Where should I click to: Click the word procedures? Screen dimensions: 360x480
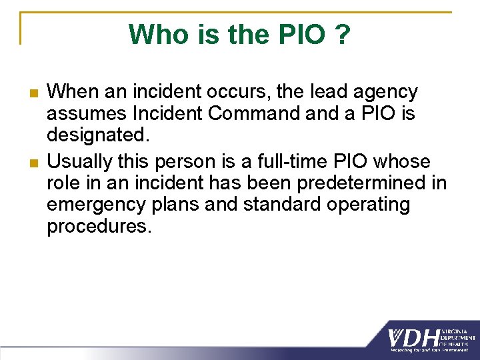99,226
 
